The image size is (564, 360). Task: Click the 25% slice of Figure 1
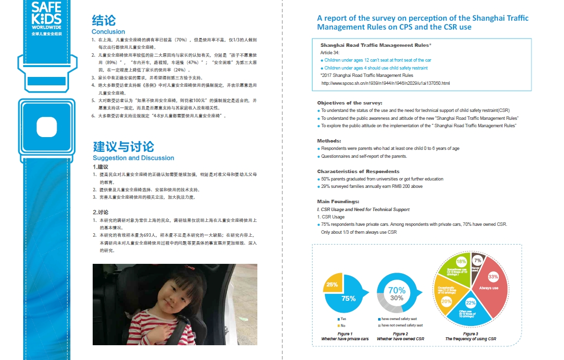pyautogui.click(x=332, y=284)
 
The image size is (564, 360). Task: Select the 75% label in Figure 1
pyautogui.click(x=348, y=298)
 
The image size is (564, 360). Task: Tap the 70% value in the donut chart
pyautogui.click(x=397, y=290)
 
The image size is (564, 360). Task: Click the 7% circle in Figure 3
pyautogui.click(x=477, y=260)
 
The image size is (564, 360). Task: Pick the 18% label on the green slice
pyautogui.click(x=461, y=261)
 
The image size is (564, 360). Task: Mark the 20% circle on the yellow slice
pyautogui.click(x=447, y=301)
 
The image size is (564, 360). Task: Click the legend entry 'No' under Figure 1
pyautogui.click(x=343, y=325)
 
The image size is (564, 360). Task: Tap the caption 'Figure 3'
pyautogui.click(x=470, y=334)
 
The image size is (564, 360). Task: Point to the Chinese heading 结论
pyautogui.click(x=104, y=20)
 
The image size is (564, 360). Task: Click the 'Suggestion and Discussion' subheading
pyautogui.click(x=133, y=158)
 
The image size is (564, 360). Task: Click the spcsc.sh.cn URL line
pyautogui.click(x=386, y=83)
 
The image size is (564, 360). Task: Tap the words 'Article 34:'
pyautogui.click(x=330, y=52)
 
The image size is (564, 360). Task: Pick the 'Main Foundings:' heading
pyautogui.click(x=338, y=201)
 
